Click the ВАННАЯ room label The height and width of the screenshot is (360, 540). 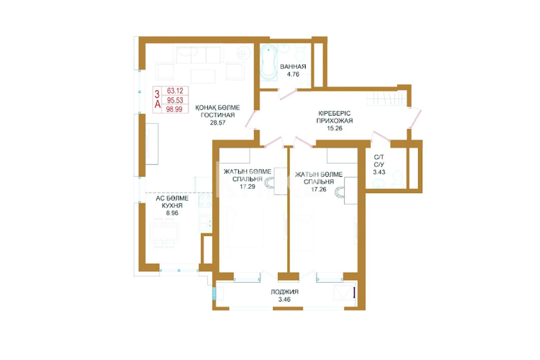[x=293, y=67]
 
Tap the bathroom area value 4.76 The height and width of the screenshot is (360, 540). [x=293, y=74]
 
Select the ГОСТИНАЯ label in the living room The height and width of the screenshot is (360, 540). [x=217, y=115]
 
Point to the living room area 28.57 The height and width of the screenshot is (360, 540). [x=217, y=122]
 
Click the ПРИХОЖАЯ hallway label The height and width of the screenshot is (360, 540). [x=334, y=121]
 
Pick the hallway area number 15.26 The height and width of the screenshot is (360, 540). [x=334, y=128]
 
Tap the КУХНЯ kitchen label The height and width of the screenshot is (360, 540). [x=172, y=206]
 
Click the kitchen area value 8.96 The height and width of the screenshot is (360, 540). [x=172, y=213]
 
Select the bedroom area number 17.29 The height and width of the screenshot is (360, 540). [x=247, y=186]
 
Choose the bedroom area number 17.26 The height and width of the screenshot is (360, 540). [x=319, y=189]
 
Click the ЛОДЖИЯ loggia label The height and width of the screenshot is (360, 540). [x=284, y=292]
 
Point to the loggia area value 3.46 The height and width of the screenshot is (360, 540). [x=284, y=300]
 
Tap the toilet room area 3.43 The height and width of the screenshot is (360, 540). [x=379, y=172]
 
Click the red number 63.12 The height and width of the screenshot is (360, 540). [x=175, y=91]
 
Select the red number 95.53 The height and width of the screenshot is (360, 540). [x=175, y=100]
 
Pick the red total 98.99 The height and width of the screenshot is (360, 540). [x=174, y=109]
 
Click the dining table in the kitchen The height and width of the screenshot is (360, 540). [x=164, y=233]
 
